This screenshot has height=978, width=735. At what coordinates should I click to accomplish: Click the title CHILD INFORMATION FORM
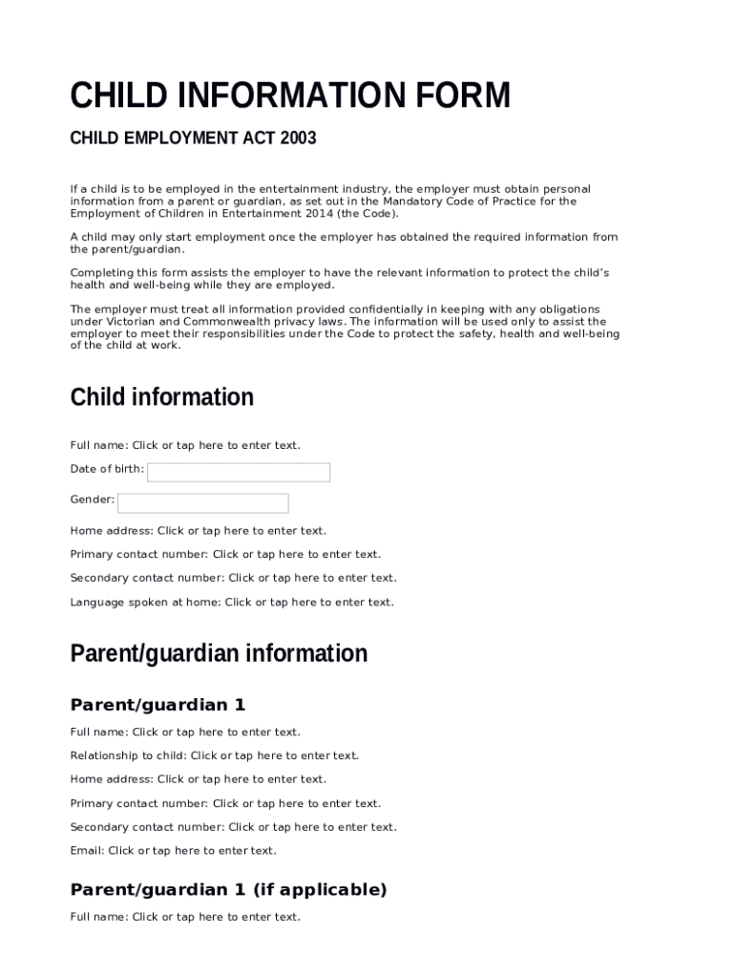pyautogui.click(x=290, y=96)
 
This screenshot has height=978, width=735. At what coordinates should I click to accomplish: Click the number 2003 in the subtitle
pyautogui.click(x=298, y=139)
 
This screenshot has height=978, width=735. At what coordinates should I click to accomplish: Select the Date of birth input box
pyautogui.click(x=239, y=473)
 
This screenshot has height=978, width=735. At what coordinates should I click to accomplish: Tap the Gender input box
pyautogui.click(x=202, y=503)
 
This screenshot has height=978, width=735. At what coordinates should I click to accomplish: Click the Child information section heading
pyautogui.click(x=162, y=397)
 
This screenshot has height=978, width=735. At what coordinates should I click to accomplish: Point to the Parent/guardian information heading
pyautogui.click(x=219, y=654)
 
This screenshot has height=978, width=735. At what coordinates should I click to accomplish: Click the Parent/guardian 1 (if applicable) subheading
pyautogui.click(x=229, y=890)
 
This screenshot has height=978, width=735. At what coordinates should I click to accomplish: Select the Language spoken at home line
pyautogui.click(x=232, y=603)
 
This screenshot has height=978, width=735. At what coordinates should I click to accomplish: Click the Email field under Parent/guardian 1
pyautogui.click(x=192, y=851)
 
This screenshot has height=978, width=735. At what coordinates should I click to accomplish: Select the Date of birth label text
pyautogui.click(x=107, y=469)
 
